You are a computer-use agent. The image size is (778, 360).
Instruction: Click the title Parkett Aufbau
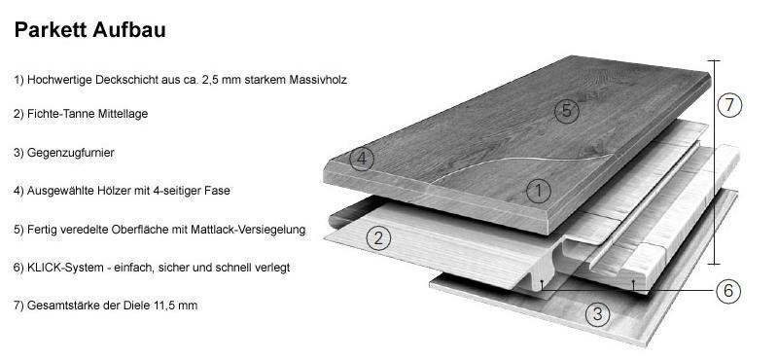[x=89, y=30]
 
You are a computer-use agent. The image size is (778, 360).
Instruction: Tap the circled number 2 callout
[x=378, y=236]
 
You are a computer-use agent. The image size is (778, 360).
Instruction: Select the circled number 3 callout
[x=599, y=313]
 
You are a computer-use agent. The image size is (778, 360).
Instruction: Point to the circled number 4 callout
[x=362, y=159]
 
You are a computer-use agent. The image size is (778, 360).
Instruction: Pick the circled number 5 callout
[x=567, y=110]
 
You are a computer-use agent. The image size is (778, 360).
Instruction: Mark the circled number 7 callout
[x=730, y=105]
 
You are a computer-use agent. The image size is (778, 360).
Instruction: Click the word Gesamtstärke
[x=63, y=306]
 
